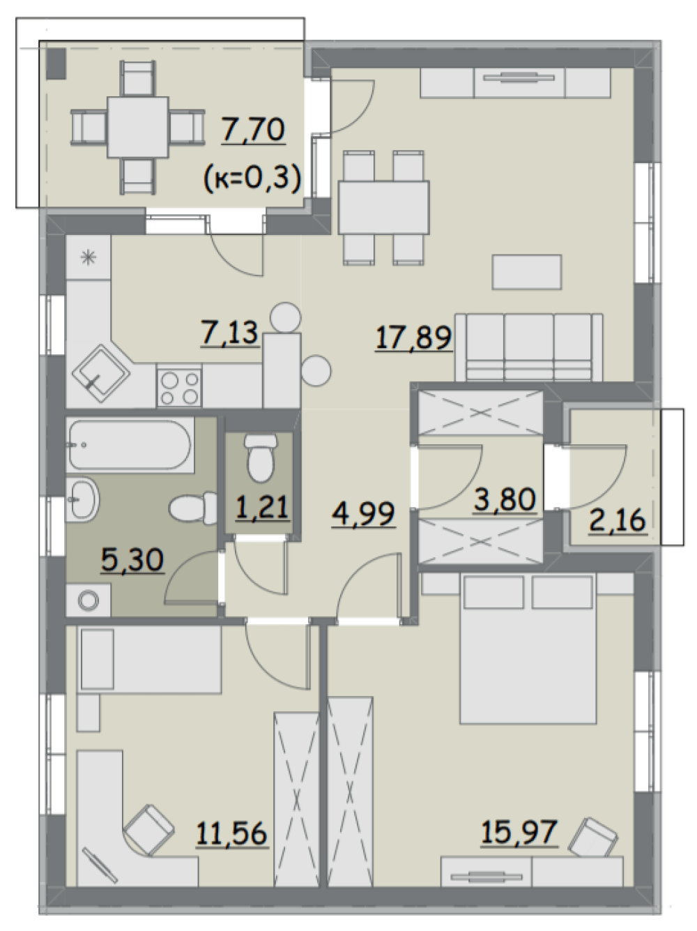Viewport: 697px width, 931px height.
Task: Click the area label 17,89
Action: pos(413,338)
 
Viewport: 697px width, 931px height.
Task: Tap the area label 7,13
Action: pos(230,333)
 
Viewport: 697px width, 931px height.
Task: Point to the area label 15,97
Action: pos(519,832)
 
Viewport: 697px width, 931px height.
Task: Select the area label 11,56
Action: pos(232,833)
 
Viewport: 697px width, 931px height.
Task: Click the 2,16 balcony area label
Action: pos(618,520)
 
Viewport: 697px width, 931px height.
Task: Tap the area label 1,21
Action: pos(262,507)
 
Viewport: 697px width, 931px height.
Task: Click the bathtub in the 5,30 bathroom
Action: pos(130,444)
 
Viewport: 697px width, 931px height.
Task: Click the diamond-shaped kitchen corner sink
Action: pos(101,374)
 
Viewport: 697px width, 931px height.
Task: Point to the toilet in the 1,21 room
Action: pos(260,457)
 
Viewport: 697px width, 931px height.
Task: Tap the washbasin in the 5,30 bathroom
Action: pos(82,499)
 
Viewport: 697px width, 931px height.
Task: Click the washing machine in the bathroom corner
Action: pos(88,600)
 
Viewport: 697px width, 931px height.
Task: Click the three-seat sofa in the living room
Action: pos(529,347)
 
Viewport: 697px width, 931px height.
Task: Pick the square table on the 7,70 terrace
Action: pos(138,127)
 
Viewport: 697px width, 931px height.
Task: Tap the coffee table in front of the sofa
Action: pos(527,272)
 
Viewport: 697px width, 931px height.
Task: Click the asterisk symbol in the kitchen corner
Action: pos(88,257)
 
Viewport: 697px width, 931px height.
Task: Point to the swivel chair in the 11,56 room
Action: pos(149,830)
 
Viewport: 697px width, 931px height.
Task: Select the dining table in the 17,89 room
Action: pos(383,207)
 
